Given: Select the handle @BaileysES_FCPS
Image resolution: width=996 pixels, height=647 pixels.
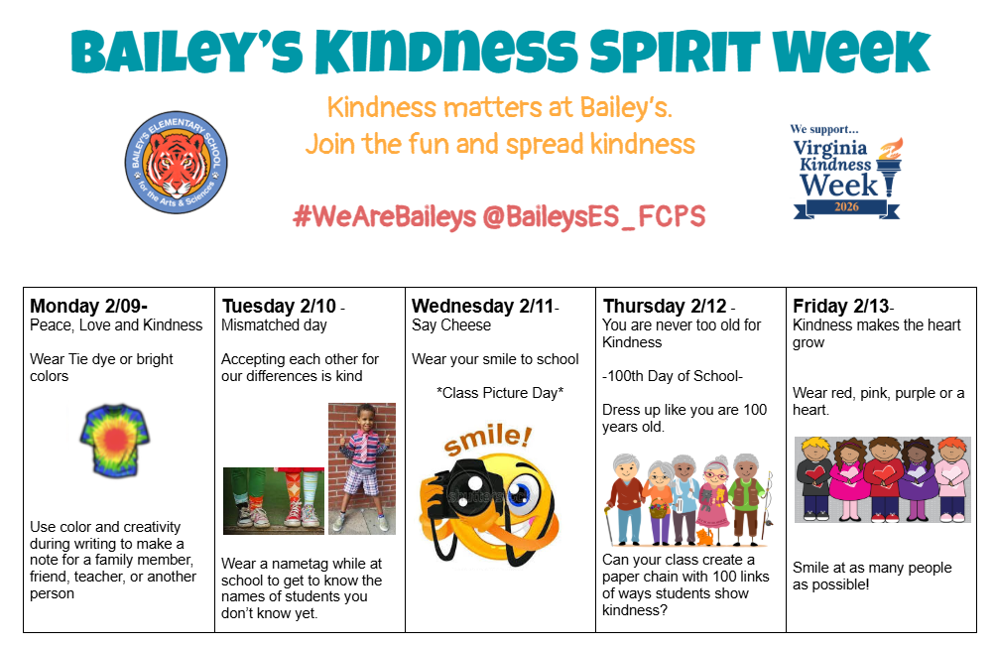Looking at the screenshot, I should click(x=593, y=217).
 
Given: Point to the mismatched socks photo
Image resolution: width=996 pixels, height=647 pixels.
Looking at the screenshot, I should click(x=274, y=497).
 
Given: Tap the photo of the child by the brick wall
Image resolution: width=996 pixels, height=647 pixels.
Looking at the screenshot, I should click(x=362, y=467).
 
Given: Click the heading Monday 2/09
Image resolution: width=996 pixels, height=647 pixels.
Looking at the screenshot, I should click(x=86, y=306).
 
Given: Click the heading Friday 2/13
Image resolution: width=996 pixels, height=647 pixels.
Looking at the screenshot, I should click(x=840, y=306).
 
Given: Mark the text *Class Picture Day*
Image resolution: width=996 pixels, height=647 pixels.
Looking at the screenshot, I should click(x=500, y=393).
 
